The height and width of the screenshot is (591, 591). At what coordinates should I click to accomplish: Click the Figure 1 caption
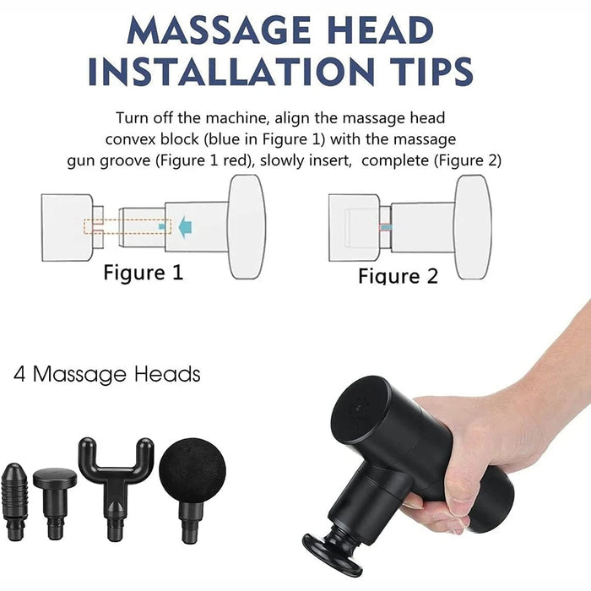143,273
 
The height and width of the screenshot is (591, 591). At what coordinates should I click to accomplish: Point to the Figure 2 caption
398,276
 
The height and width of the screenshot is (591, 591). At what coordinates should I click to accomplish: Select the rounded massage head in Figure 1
246,226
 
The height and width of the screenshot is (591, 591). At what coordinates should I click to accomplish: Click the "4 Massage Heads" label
107,373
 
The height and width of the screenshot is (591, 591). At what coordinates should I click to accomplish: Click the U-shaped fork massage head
115,481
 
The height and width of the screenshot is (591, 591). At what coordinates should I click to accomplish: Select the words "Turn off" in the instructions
146,118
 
